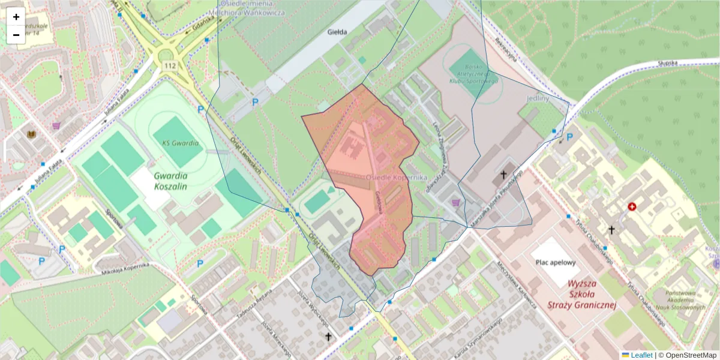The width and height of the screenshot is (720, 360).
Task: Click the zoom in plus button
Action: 16,17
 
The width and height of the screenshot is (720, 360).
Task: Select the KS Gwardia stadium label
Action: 179,144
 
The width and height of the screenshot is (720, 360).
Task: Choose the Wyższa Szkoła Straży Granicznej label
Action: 582,293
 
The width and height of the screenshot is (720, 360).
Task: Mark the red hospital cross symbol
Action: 632,206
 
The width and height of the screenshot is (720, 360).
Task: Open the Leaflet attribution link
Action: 641,355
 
